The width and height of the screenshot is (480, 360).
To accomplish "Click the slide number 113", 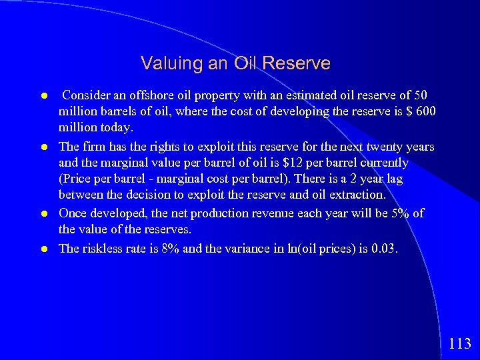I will (460, 344).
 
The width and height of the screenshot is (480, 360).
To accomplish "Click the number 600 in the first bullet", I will (424, 111).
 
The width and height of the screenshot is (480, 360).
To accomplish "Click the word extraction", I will (359, 195).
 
